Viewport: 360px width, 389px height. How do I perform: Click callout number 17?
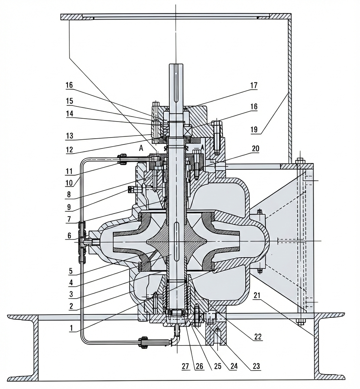point(253,86)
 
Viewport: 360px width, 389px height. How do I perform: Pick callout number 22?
point(257,337)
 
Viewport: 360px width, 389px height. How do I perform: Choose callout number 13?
point(69,136)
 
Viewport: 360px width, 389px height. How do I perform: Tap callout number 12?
point(69,150)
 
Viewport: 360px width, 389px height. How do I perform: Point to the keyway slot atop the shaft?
point(175,83)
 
